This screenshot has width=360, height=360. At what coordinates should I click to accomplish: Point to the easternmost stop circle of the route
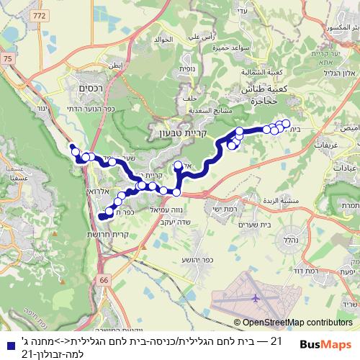point(287,123)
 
